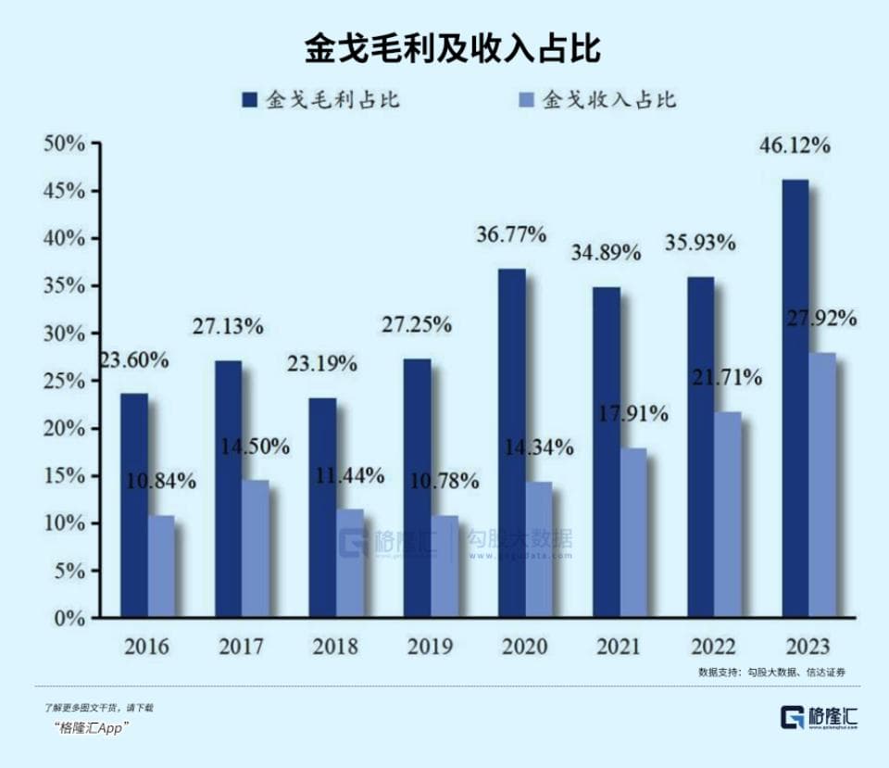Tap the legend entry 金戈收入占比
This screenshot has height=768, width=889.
pos(597,100)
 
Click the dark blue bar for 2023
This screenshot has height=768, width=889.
pos(795,398)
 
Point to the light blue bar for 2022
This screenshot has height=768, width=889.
pos(728,514)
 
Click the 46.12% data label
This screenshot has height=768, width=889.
pos(795,146)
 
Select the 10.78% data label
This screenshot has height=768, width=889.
pos(445,482)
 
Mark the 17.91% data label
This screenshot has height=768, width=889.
pos(634,414)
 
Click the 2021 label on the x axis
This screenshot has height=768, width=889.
pos(619,646)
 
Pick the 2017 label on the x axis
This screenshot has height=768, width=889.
pos(241,646)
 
